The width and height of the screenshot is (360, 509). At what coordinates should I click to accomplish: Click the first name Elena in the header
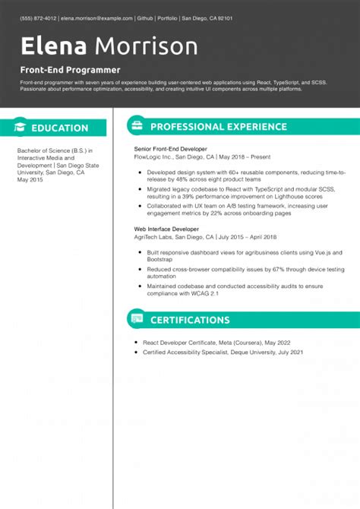52,47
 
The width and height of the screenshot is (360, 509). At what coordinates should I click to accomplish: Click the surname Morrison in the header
144,47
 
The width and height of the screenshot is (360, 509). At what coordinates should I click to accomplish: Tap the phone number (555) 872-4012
39,17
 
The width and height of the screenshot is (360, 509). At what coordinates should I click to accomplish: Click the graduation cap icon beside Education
21,128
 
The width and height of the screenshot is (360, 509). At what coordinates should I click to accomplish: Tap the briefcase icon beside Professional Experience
136,126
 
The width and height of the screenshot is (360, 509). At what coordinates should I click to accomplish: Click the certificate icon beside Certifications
136,319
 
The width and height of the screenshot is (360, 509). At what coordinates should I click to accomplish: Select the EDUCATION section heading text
60,128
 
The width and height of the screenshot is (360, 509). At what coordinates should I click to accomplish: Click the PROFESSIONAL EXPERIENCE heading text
218,127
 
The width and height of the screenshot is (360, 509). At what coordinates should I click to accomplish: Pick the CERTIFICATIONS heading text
190,320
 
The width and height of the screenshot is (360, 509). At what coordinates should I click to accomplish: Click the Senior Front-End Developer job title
170,150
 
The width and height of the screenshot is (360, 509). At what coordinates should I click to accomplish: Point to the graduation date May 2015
30,179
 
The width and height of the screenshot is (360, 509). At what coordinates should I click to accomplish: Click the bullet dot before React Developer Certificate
135,343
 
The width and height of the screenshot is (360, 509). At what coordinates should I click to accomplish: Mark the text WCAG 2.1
204,293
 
